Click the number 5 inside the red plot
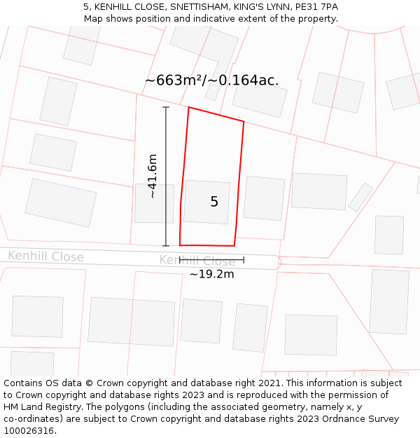tap(214, 202)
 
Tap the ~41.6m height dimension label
tap(153, 176)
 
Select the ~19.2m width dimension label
tap(211, 274)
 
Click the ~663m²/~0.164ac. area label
tap(211, 81)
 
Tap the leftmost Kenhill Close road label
tap(46, 257)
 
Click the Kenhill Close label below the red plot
tap(197, 261)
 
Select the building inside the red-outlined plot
tap(206, 202)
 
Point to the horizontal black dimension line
tap(211, 260)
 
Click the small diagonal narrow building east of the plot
tap(360, 197)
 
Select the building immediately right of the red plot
tap(264, 198)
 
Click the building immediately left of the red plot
tap(154, 203)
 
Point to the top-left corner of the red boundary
tap(188, 107)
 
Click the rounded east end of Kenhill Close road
tap(277, 262)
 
